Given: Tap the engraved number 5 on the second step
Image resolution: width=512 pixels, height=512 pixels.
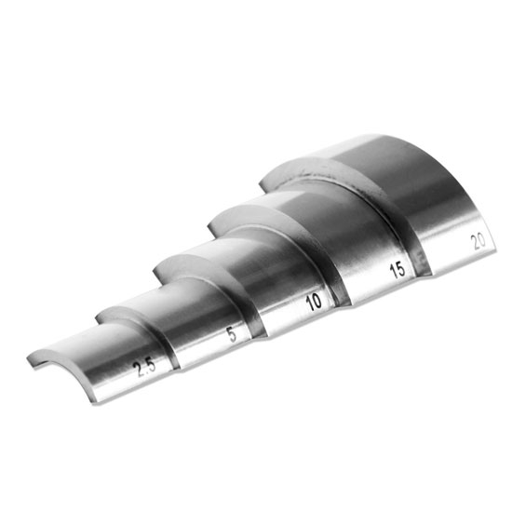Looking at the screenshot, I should pyautogui.click(x=231, y=336).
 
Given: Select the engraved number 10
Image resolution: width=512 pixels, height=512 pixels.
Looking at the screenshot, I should pyautogui.click(x=314, y=303).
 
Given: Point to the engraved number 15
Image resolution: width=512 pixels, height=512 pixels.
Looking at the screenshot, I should pyautogui.click(x=397, y=273).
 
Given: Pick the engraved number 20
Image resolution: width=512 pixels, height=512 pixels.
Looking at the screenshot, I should pyautogui.click(x=478, y=241).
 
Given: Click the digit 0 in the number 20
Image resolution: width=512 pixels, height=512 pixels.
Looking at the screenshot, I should pyautogui.click(x=481, y=239).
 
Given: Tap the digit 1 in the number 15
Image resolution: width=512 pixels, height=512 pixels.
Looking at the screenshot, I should pyautogui.click(x=392, y=275).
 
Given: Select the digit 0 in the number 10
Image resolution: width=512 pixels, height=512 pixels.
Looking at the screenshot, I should pyautogui.click(x=317, y=301).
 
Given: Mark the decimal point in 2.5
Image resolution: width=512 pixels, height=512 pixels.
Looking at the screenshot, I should pyautogui.click(x=144, y=369).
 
